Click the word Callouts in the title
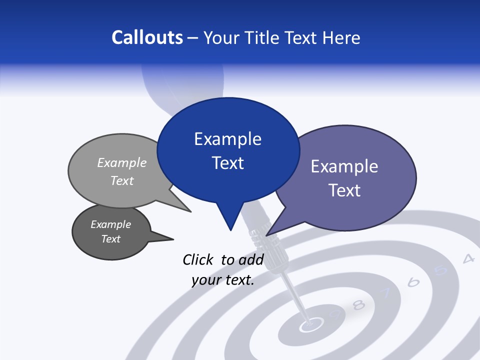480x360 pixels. tap(147, 37)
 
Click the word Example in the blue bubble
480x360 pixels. tap(227, 139)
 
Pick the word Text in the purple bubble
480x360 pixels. tap(344, 190)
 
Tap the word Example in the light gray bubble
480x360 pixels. tap(122, 163)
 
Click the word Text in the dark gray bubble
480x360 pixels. tap(110, 239)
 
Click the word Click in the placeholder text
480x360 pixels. tap(199, 259)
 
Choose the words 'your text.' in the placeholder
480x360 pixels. tap(223, 280)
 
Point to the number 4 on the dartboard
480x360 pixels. tap(468, 258)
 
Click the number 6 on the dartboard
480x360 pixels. tap(413, 282)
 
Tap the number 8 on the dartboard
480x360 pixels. tap(358, 304)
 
